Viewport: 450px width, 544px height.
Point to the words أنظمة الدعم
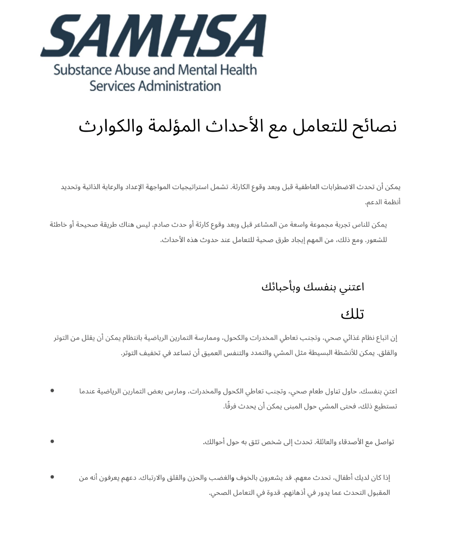383,202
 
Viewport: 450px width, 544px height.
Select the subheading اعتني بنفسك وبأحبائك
313,287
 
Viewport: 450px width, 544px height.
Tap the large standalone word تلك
352,314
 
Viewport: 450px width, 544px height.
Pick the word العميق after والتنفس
210,353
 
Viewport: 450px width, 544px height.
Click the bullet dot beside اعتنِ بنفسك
52,391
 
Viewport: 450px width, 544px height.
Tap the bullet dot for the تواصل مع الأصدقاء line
52,441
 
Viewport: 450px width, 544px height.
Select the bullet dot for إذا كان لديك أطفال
52,477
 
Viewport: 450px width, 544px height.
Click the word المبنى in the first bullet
291,406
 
